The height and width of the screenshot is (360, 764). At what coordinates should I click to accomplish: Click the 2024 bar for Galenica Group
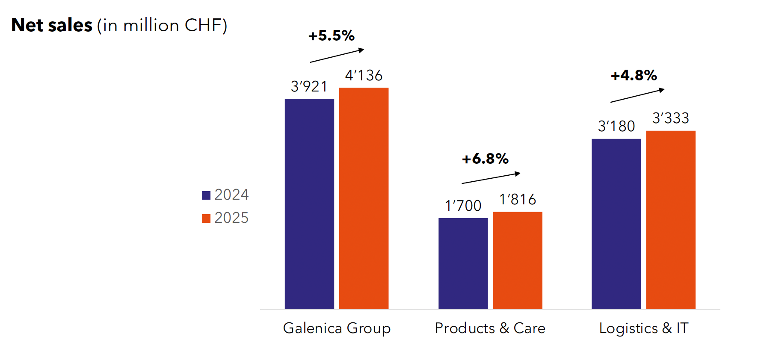coord(309,204)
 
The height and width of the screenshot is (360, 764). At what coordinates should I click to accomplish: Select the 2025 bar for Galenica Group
coord(364,198)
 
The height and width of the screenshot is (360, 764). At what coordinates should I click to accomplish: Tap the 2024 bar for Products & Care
coord(463,263)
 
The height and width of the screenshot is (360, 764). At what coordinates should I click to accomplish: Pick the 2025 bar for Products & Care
coord(517,260)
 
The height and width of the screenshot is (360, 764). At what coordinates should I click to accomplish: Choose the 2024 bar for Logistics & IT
coord(616,224)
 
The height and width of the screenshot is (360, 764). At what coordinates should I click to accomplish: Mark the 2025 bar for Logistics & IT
coord(670,220)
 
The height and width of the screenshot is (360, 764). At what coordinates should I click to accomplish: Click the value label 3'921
coord(309,87)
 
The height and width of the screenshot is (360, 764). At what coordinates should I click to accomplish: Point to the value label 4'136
coord(364,76)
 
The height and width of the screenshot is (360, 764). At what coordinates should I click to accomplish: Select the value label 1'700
coord(463,206)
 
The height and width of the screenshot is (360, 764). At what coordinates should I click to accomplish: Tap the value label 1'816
coord(518,200)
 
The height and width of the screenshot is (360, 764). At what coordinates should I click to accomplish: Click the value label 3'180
coord(616,127)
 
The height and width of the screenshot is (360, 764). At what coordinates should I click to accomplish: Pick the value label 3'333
coord(670,118)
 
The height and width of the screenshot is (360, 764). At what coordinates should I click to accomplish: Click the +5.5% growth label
coord(332,36)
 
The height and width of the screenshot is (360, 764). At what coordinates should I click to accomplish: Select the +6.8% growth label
coord(485,159)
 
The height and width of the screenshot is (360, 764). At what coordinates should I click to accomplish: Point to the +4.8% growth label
coord(634,76)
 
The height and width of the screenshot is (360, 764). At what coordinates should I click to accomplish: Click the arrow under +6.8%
coord(491,178)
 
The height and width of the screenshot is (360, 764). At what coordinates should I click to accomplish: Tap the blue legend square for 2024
coord(206,195)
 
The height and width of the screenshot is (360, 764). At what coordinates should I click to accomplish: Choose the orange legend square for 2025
coord(206,218)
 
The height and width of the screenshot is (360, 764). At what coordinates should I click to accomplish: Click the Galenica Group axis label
coord(337,328)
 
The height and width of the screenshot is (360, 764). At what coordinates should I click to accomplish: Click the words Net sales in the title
coord(52,25)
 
